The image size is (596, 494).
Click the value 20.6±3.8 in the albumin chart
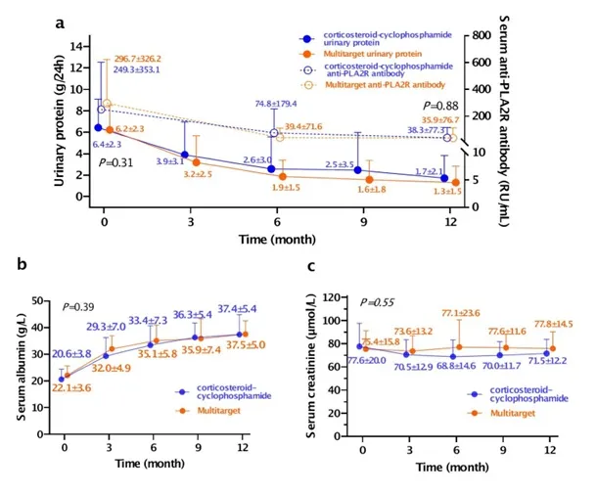(71, 352)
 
